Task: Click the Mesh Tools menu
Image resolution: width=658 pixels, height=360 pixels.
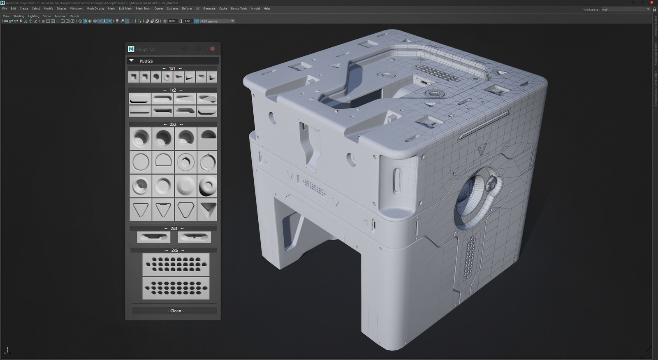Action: [x=143, y=8]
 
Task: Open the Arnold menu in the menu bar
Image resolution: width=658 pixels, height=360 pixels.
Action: [x=255, y=8]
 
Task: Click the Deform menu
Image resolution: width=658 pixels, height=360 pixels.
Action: [x=187, y=8]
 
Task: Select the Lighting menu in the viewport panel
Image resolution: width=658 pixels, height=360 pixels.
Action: [x=34, y=16]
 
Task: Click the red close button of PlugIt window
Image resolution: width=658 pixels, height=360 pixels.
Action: [x=212, y=49]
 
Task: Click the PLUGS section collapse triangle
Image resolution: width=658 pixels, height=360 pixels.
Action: [x=132, y=61]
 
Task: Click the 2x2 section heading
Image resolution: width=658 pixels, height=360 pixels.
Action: [x=173, y=124]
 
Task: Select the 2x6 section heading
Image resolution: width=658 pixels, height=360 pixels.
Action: [x=174, y=250]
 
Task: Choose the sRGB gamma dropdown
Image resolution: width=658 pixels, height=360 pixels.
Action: [x=216, y=21]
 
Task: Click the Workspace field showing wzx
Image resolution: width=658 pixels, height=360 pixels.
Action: [x=625, y=9]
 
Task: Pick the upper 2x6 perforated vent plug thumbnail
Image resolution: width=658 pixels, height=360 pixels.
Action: [x=176, y=264]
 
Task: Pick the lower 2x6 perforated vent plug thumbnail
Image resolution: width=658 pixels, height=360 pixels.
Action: [x=176, y=288]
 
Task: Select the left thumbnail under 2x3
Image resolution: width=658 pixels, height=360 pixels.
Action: [x=153, y=237]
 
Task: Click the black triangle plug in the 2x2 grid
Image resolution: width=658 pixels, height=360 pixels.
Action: [x=207, y=210]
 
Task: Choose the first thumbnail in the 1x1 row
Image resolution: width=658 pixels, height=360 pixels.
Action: [x=133, y=77]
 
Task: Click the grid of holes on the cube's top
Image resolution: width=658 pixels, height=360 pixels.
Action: [x=436, y=74]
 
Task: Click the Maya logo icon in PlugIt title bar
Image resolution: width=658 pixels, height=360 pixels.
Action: [x=131, y=49]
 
